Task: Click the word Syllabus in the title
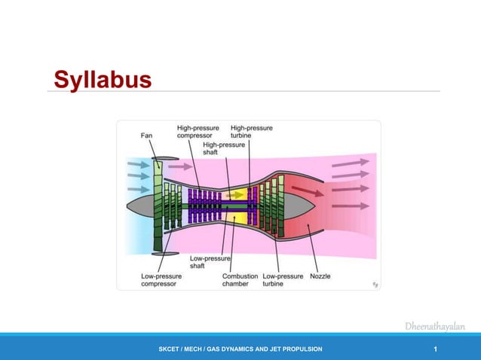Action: [x=102, y=79]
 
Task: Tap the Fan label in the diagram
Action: [x=148, y=136]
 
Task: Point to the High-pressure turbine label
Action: [x=251, y=132]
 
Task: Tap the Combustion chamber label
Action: [x=240, y=280]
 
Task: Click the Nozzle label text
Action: [x=320, y=276]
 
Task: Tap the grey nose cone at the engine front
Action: [x=140, y=205]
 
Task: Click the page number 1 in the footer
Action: [x=436, y=349]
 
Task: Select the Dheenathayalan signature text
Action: [x=434, y=326]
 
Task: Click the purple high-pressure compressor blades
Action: [x=204, y=205]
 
